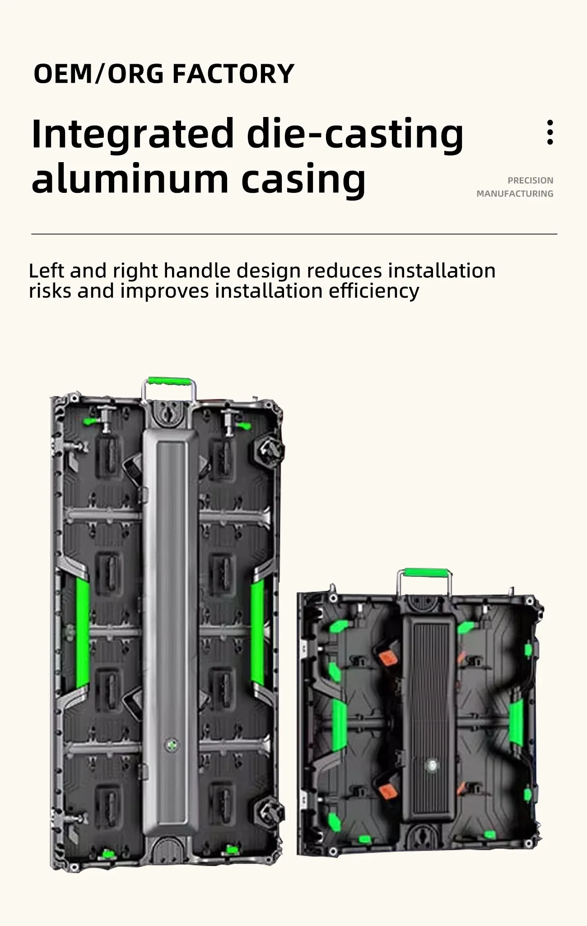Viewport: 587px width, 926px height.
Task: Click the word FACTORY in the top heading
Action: (233, 74)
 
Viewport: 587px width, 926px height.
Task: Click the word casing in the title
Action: (303, 180)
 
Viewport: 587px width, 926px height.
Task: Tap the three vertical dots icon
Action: (550, 132)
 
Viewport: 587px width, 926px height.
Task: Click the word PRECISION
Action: (530, 180)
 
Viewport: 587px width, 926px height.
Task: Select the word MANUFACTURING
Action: (515, 193)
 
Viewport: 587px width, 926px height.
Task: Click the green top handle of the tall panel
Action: (169, 381)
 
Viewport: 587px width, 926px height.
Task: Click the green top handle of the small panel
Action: (424, 572)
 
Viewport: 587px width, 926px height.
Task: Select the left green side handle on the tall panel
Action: (82, 632)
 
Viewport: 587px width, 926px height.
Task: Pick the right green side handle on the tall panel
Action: (257, 632)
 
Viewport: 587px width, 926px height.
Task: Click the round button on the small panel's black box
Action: (432, 765)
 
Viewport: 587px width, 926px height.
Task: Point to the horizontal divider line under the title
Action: (293, 234)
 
